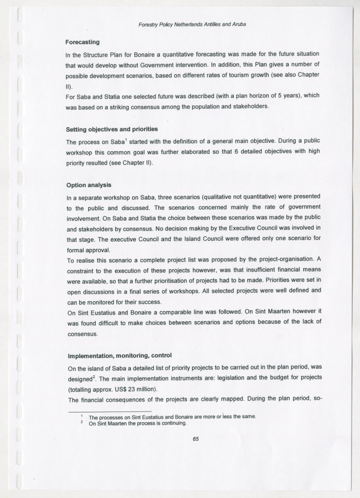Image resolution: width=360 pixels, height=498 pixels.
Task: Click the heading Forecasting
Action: tap(82, 42)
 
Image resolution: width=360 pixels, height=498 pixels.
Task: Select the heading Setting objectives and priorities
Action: tap(112, 129)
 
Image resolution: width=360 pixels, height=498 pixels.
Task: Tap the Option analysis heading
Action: tap(89, 185)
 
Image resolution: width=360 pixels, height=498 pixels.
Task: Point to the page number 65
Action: tap(195, 439)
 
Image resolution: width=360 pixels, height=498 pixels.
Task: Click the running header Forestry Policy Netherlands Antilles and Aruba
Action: tap(192, 24)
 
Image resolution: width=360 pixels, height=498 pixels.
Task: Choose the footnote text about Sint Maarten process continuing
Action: tap(137, 423)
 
